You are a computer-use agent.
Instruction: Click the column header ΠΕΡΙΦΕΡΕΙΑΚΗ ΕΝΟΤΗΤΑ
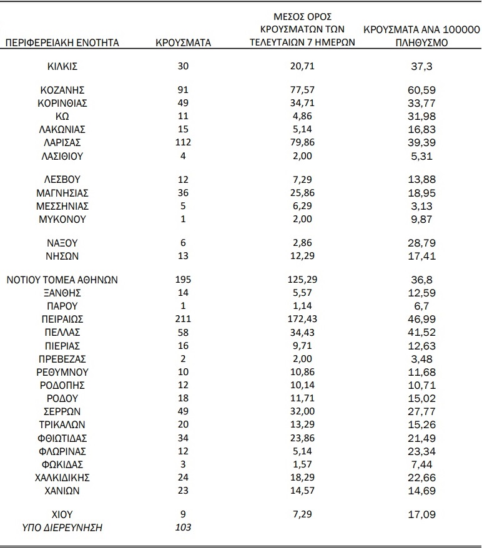tap(62, 43)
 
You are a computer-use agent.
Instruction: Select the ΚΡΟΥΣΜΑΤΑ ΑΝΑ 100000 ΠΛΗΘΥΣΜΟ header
tap(421, 36)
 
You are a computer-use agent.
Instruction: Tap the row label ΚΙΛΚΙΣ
tap(62, 66)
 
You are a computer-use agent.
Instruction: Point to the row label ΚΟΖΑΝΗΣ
tap(62, 90)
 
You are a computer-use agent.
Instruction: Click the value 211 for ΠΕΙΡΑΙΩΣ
tap(183, 319)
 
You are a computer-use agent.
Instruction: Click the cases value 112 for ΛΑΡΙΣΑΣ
tap(183, 143)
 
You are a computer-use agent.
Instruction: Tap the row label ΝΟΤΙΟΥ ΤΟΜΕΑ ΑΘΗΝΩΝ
tap(62, 280)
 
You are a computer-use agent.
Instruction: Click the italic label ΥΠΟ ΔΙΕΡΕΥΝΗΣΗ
tap(62, 528)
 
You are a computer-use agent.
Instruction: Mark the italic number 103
tap(183, 528)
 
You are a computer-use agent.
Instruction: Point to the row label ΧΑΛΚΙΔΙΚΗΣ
tap(62, 477)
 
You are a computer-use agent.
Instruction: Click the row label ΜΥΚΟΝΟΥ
tap(62, 219)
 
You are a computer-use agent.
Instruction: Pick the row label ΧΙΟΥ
tap(62, 515)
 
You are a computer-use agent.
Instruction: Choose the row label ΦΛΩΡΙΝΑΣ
tap(62, 451)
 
